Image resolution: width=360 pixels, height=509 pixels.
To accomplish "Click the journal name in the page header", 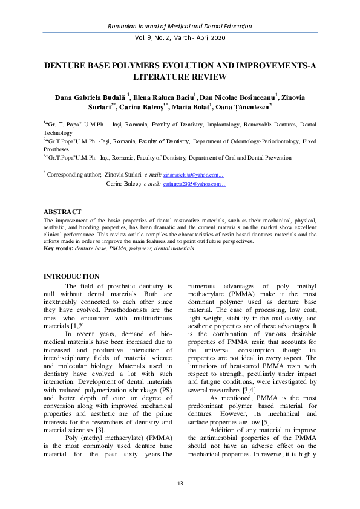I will [180, 27].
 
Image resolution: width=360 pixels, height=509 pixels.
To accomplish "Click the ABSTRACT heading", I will [62, 212].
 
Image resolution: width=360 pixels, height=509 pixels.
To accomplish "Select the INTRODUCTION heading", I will [71, 276].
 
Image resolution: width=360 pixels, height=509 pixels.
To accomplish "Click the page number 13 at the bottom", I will [180, 482].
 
